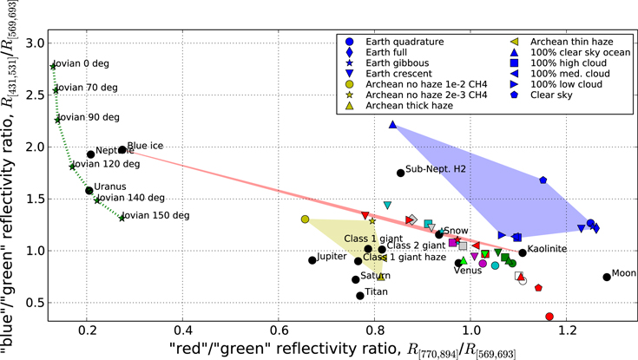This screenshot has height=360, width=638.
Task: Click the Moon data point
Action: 607,278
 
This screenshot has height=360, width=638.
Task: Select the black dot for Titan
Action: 360,296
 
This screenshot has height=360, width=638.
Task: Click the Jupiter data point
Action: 312,259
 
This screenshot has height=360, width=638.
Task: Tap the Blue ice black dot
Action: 122,150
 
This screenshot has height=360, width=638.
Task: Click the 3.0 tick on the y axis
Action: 36,43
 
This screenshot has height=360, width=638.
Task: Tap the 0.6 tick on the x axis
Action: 279,331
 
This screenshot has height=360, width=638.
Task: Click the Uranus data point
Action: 89,190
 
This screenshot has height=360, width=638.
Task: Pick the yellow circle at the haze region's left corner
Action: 305,219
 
